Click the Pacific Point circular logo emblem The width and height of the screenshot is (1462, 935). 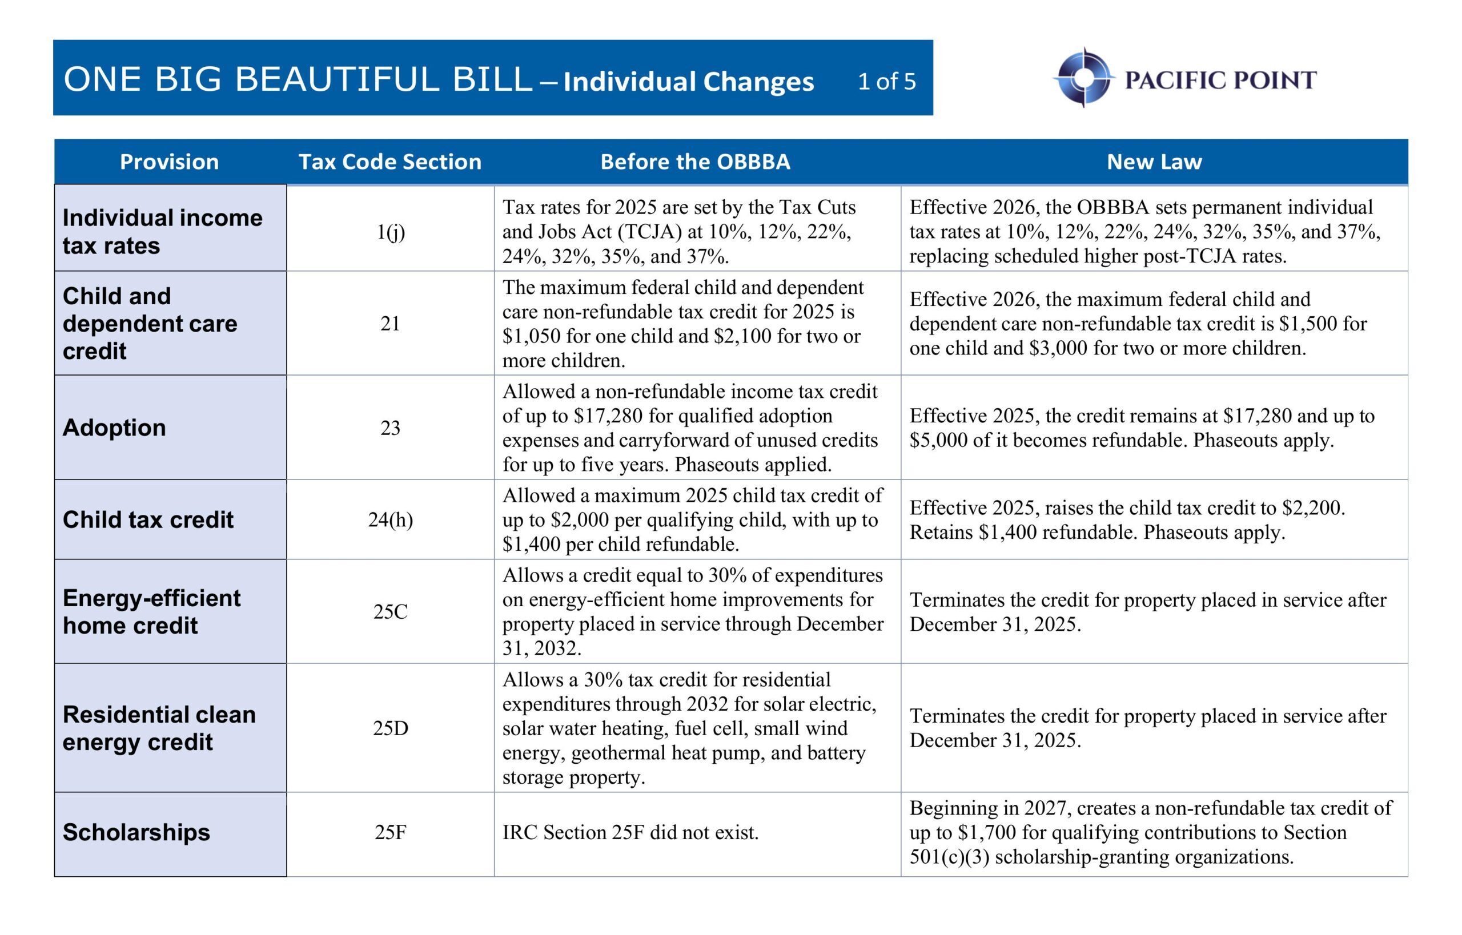tap(1083, 78)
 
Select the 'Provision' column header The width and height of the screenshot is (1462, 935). tap(169, 162)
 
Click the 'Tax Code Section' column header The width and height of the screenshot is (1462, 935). tap(389, 162)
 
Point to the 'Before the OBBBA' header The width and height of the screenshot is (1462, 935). tap(695, 162)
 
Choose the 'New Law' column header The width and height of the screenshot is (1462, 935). tap(1154, 162)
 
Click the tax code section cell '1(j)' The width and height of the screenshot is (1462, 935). tap(390, 232)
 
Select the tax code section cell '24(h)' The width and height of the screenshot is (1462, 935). tap(390, 519)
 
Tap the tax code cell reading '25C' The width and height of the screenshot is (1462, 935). tap(390, 611)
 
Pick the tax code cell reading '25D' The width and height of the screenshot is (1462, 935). tap(390, 728)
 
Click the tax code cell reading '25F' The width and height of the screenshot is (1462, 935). tap(390, 832)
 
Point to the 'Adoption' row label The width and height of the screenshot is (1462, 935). tap(114, 428)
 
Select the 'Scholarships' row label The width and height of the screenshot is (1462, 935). tap(136, 832)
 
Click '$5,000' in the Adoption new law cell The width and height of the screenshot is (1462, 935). tap(938, 440)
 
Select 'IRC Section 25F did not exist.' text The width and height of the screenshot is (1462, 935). tap(630, 832)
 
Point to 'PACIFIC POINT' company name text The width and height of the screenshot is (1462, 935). tap(1220, 80)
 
